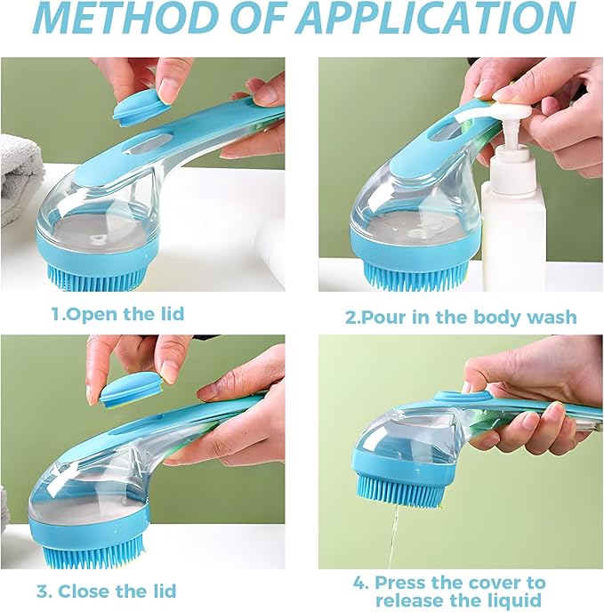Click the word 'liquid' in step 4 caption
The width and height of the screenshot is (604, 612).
click(511, 600)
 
